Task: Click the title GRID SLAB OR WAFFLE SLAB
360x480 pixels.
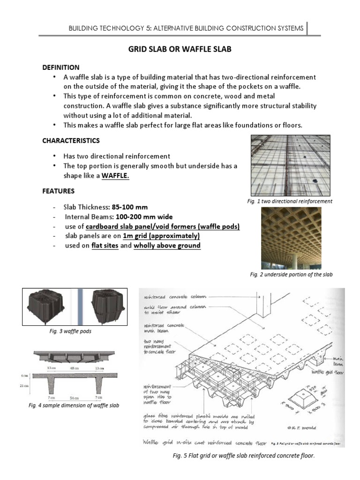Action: coord(180,49)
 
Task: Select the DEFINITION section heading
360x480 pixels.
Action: coord(61,67)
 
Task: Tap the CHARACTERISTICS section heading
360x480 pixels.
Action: coord(71,141)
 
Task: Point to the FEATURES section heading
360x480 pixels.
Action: coord(58,191)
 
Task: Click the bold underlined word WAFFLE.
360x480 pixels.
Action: coord(115,176)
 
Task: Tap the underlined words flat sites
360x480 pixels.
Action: coord(105,245)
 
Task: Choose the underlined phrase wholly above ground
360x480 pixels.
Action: coord(167,245)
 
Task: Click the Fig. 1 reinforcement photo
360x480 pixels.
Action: coord(290,165)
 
